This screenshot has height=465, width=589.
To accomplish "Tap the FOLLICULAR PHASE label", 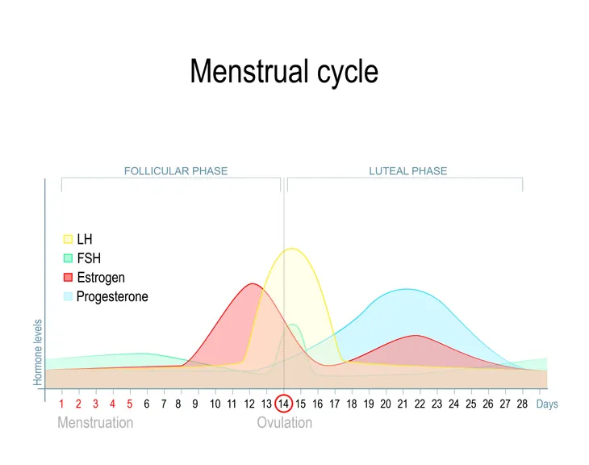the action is [x=176, y=171].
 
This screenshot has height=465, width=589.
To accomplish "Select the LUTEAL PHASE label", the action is [x=408, y=171].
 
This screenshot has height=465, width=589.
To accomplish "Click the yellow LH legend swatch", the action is [x=68, y=239].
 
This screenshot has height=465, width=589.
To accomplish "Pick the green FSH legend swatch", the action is [x=68, y=258].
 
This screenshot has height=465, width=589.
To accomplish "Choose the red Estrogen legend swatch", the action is [x=68, y=278].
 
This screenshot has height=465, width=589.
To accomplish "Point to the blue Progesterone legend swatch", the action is [x=68, y=296].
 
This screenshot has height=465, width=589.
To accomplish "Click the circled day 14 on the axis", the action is [x=283, y=404].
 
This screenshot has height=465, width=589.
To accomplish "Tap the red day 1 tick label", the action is [x=61, y=404].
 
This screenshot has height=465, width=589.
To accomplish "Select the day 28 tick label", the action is [x=522, y=404].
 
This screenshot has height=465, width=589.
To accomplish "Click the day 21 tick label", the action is [x=403, y=404].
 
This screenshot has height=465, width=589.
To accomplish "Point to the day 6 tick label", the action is [x=147, y=404].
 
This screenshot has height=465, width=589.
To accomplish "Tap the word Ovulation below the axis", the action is [x=284, y=423].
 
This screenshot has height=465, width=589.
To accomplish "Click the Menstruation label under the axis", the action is [x=95, y=423].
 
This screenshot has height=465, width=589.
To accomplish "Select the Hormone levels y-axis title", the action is [x=38, y=353].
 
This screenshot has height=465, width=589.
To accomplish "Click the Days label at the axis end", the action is [x=547, y=404].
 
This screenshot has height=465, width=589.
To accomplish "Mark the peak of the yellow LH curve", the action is [x=291, y=248].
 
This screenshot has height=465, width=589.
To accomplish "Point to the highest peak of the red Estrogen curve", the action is [x=253, y=283].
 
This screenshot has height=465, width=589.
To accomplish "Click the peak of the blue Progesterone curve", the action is [x=407, y=289].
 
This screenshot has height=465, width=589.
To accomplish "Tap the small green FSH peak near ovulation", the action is [x=293, y=324].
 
